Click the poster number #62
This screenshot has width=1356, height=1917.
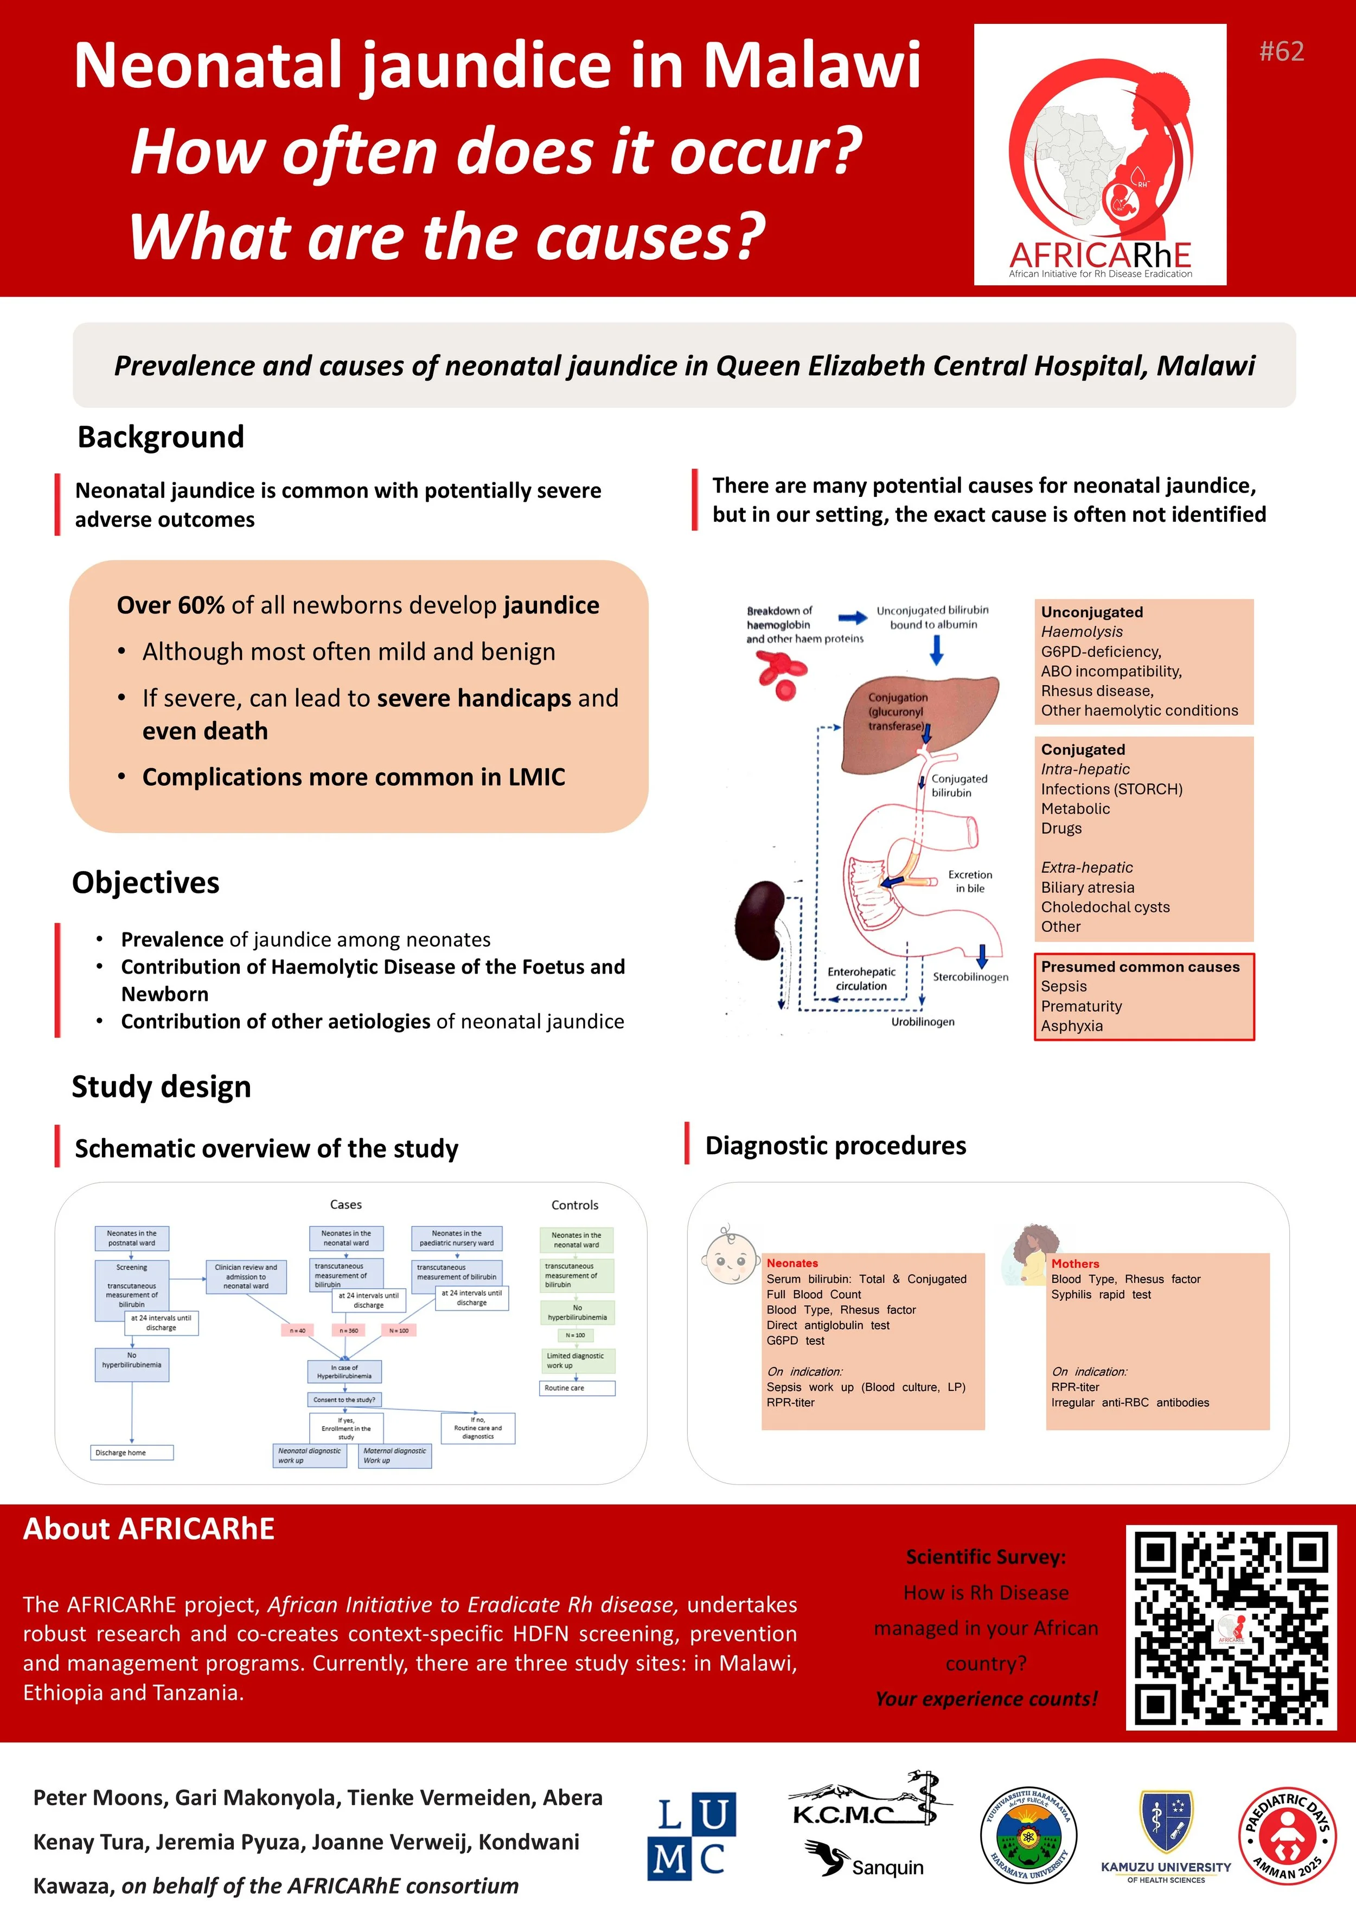1281,52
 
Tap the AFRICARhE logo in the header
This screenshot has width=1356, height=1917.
1099,155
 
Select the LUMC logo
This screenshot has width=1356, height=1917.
692,1836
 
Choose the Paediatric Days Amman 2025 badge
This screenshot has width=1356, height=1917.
1287,1836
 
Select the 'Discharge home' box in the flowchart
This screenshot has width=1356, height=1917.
132,1453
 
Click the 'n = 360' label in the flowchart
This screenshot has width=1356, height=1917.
349,1330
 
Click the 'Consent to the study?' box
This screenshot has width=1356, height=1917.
344,1400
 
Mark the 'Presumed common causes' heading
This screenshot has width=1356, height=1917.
1140,967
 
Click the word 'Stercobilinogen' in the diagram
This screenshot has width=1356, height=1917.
970,977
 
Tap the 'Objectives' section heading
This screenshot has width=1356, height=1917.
145,883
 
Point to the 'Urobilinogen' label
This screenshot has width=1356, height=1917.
923,1022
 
